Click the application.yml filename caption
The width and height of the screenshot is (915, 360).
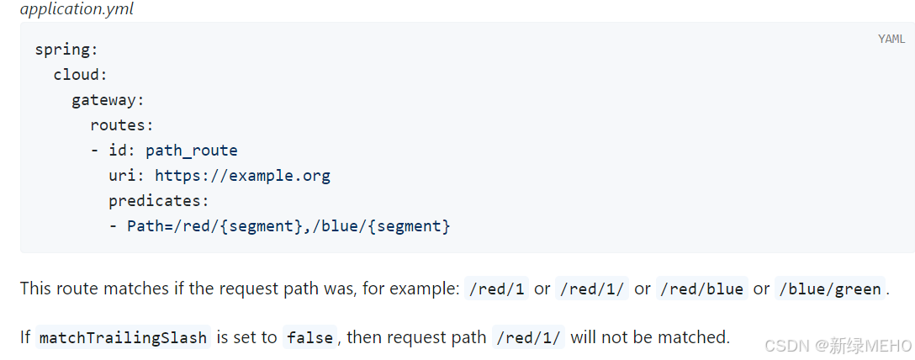(77, 10)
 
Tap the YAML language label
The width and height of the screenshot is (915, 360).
(891, 39)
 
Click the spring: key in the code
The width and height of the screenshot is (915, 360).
(66, 49)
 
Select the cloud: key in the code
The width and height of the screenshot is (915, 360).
(81, 74)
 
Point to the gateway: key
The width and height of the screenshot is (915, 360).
(108, 100)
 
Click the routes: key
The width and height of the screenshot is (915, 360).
(122, 125)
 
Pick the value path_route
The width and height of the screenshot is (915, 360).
(192, 151)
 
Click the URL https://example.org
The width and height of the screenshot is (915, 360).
(242, 176)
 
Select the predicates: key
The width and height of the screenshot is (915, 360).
(158, 201)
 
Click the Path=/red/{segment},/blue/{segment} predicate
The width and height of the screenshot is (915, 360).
(288, 226)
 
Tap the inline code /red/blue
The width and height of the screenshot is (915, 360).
(702, 289)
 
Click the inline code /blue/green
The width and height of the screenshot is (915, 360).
(830, 289)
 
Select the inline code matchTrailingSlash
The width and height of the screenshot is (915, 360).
(123, 337)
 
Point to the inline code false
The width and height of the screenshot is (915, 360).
(309, 337)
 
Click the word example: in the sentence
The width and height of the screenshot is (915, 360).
(426, 289)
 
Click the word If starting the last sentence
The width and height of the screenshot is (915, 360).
(25, 337)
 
